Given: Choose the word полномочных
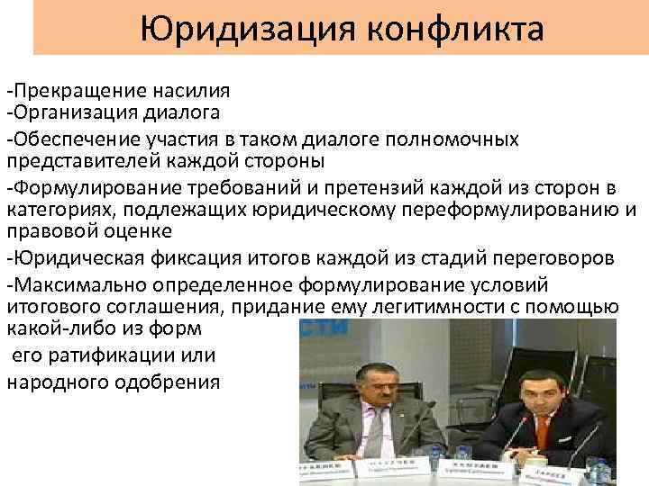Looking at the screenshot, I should click(x=452, y=139).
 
